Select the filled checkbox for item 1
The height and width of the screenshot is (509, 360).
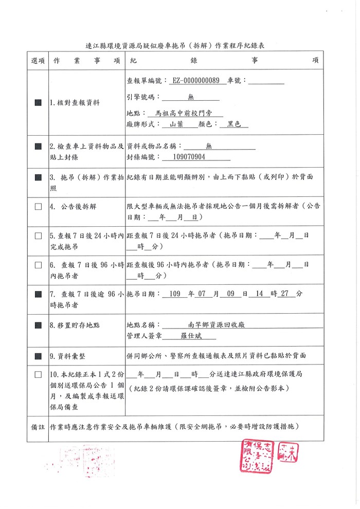[38, 102]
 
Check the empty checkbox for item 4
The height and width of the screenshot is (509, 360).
[38, 207]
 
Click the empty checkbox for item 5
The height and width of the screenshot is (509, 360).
[38, 236]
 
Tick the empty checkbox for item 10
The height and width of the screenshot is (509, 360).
[38, 375]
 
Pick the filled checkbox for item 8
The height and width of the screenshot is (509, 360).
[38, 325]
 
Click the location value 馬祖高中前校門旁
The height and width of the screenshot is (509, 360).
[189, 114]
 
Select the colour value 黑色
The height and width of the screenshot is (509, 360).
[234, 124]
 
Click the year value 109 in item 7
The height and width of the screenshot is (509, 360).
[175, 294]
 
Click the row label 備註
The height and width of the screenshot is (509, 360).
[38, 427]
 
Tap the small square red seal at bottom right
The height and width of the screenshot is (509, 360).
[288, 453]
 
